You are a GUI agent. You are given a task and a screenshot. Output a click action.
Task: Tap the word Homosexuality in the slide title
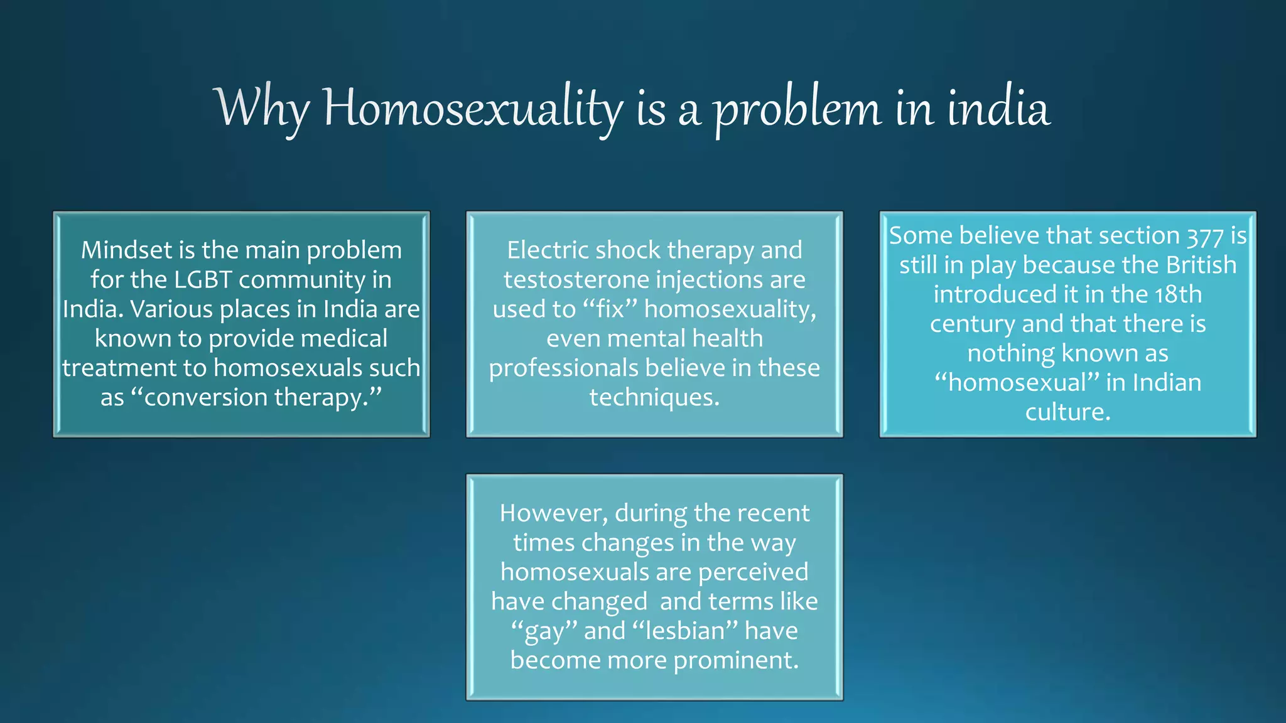473,109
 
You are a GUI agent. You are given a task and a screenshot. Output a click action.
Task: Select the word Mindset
126,250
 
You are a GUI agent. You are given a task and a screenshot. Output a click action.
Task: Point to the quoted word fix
610,309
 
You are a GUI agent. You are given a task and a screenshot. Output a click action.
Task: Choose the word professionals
563,368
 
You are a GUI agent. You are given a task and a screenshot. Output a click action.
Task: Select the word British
1201,265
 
